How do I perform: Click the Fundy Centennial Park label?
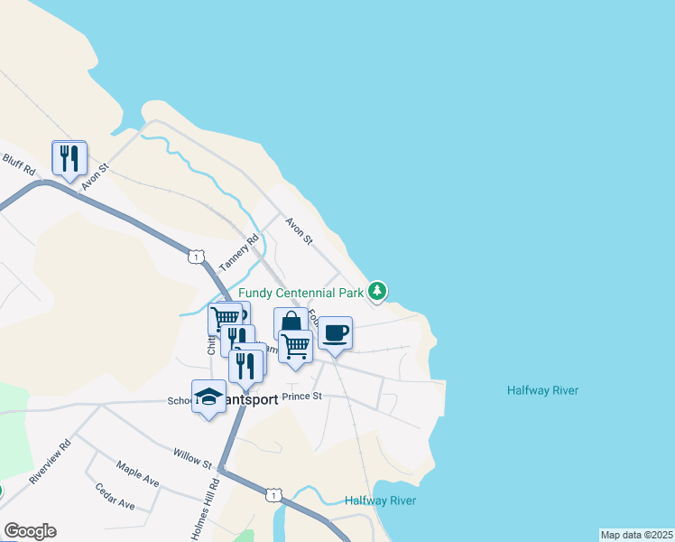click(x=301, y=293)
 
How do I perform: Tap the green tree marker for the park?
click(x=379, y=291)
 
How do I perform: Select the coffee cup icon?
click(x=335, y=333)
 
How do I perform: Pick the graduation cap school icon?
click(x=208, y=397)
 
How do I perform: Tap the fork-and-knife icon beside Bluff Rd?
click(x=69, y=159)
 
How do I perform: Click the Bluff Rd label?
click(x=18, y=165)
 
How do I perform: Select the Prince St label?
click(x=301, y=396)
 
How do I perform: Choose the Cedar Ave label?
click(x=116, y=497)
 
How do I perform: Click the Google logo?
click(x=30, y=531)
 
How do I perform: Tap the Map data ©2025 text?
click(x=636, y=535)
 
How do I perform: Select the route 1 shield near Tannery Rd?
click(x=194, y=257)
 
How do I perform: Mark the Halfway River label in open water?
click(x=542, y=390)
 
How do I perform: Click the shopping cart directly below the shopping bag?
click(x=295, y=346)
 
